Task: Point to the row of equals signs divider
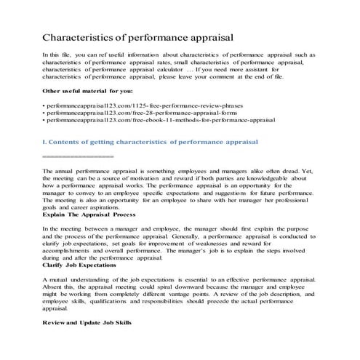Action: pos(78,156)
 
